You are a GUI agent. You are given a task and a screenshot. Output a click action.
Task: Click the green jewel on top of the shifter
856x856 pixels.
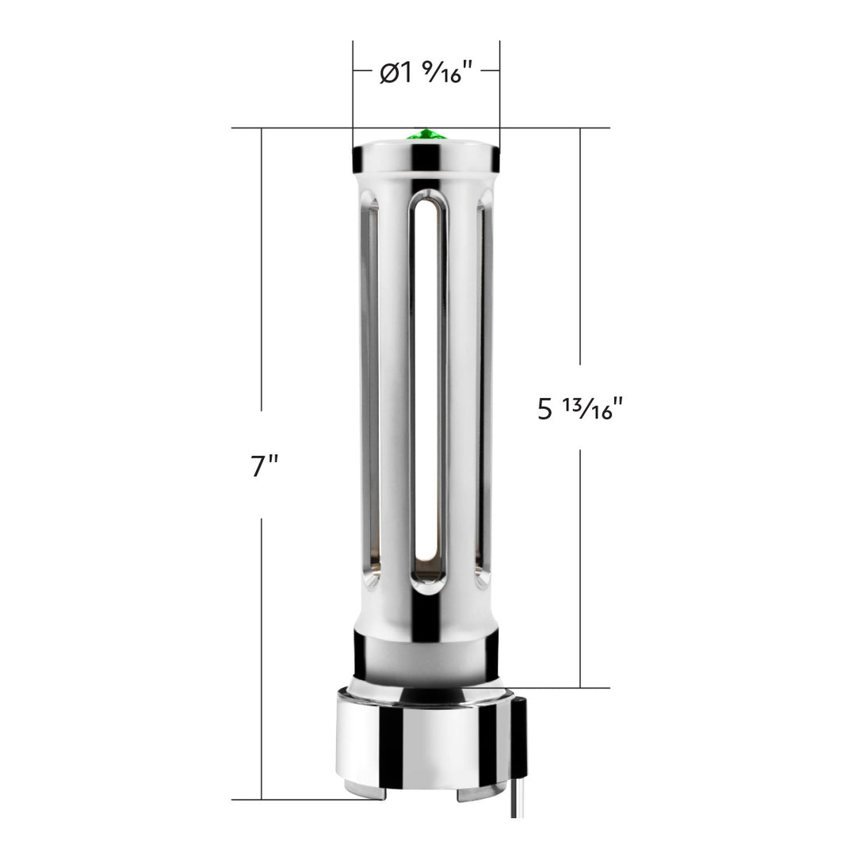[426, 135]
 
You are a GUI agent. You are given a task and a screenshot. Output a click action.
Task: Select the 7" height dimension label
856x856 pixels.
[264, 465]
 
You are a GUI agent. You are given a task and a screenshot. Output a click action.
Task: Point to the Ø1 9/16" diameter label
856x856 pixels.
[426, 72]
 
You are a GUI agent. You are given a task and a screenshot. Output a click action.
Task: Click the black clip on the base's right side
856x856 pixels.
[519, 736]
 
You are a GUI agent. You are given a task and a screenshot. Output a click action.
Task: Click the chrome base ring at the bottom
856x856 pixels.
[425, 743]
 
